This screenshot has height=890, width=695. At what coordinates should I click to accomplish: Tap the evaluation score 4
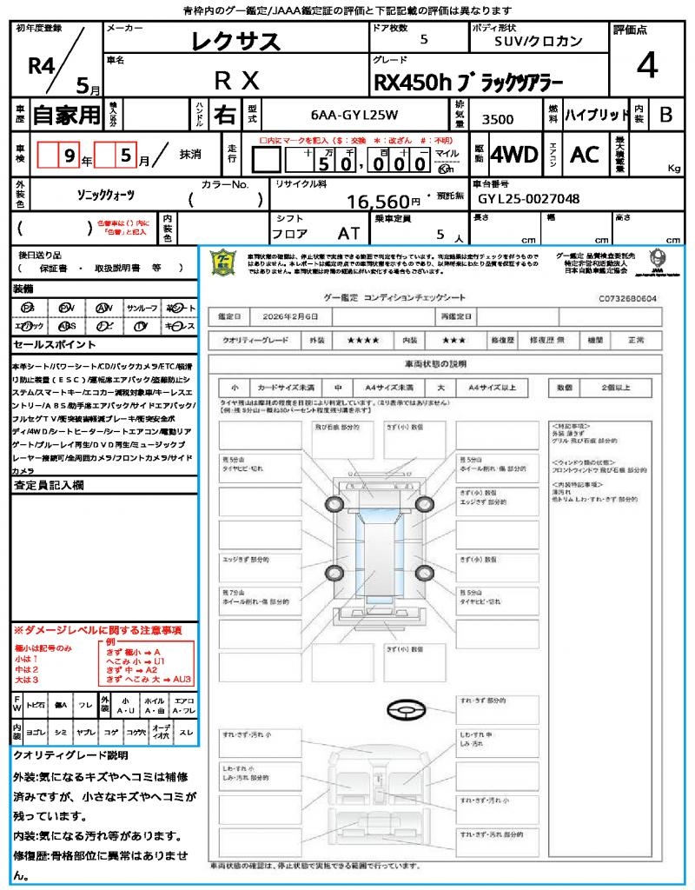pyautogui.click(x=645, y=65)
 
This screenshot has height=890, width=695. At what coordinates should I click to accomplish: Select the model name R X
pyautogui.click(x=236, y=81)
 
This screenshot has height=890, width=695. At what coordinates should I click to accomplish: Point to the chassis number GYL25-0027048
pyautogui.click(x=528, y=199)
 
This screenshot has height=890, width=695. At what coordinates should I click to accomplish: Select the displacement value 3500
pyautogui.click(x=497, y=120)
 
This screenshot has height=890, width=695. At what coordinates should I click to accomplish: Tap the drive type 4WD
pyautogui.click(x=514, y=155)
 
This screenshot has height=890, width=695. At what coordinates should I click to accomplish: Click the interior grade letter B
pyautogui.click(x=665, y=115)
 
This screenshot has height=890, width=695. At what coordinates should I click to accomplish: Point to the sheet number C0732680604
pyautogui.click(x=627, y=297)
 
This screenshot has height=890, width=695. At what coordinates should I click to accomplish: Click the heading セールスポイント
pyautogui.click(x=52, y=344)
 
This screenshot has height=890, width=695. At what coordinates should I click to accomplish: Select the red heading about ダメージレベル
pyautogui.click(x=97, y=629)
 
